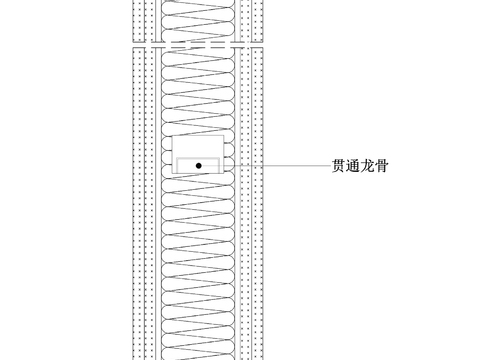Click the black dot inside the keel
tap(199, 165)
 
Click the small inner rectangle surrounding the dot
tap(185, 165)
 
